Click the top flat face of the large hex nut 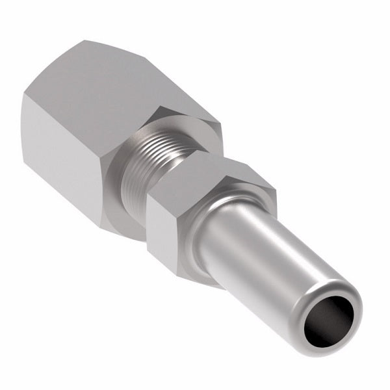[x=136, y=78]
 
